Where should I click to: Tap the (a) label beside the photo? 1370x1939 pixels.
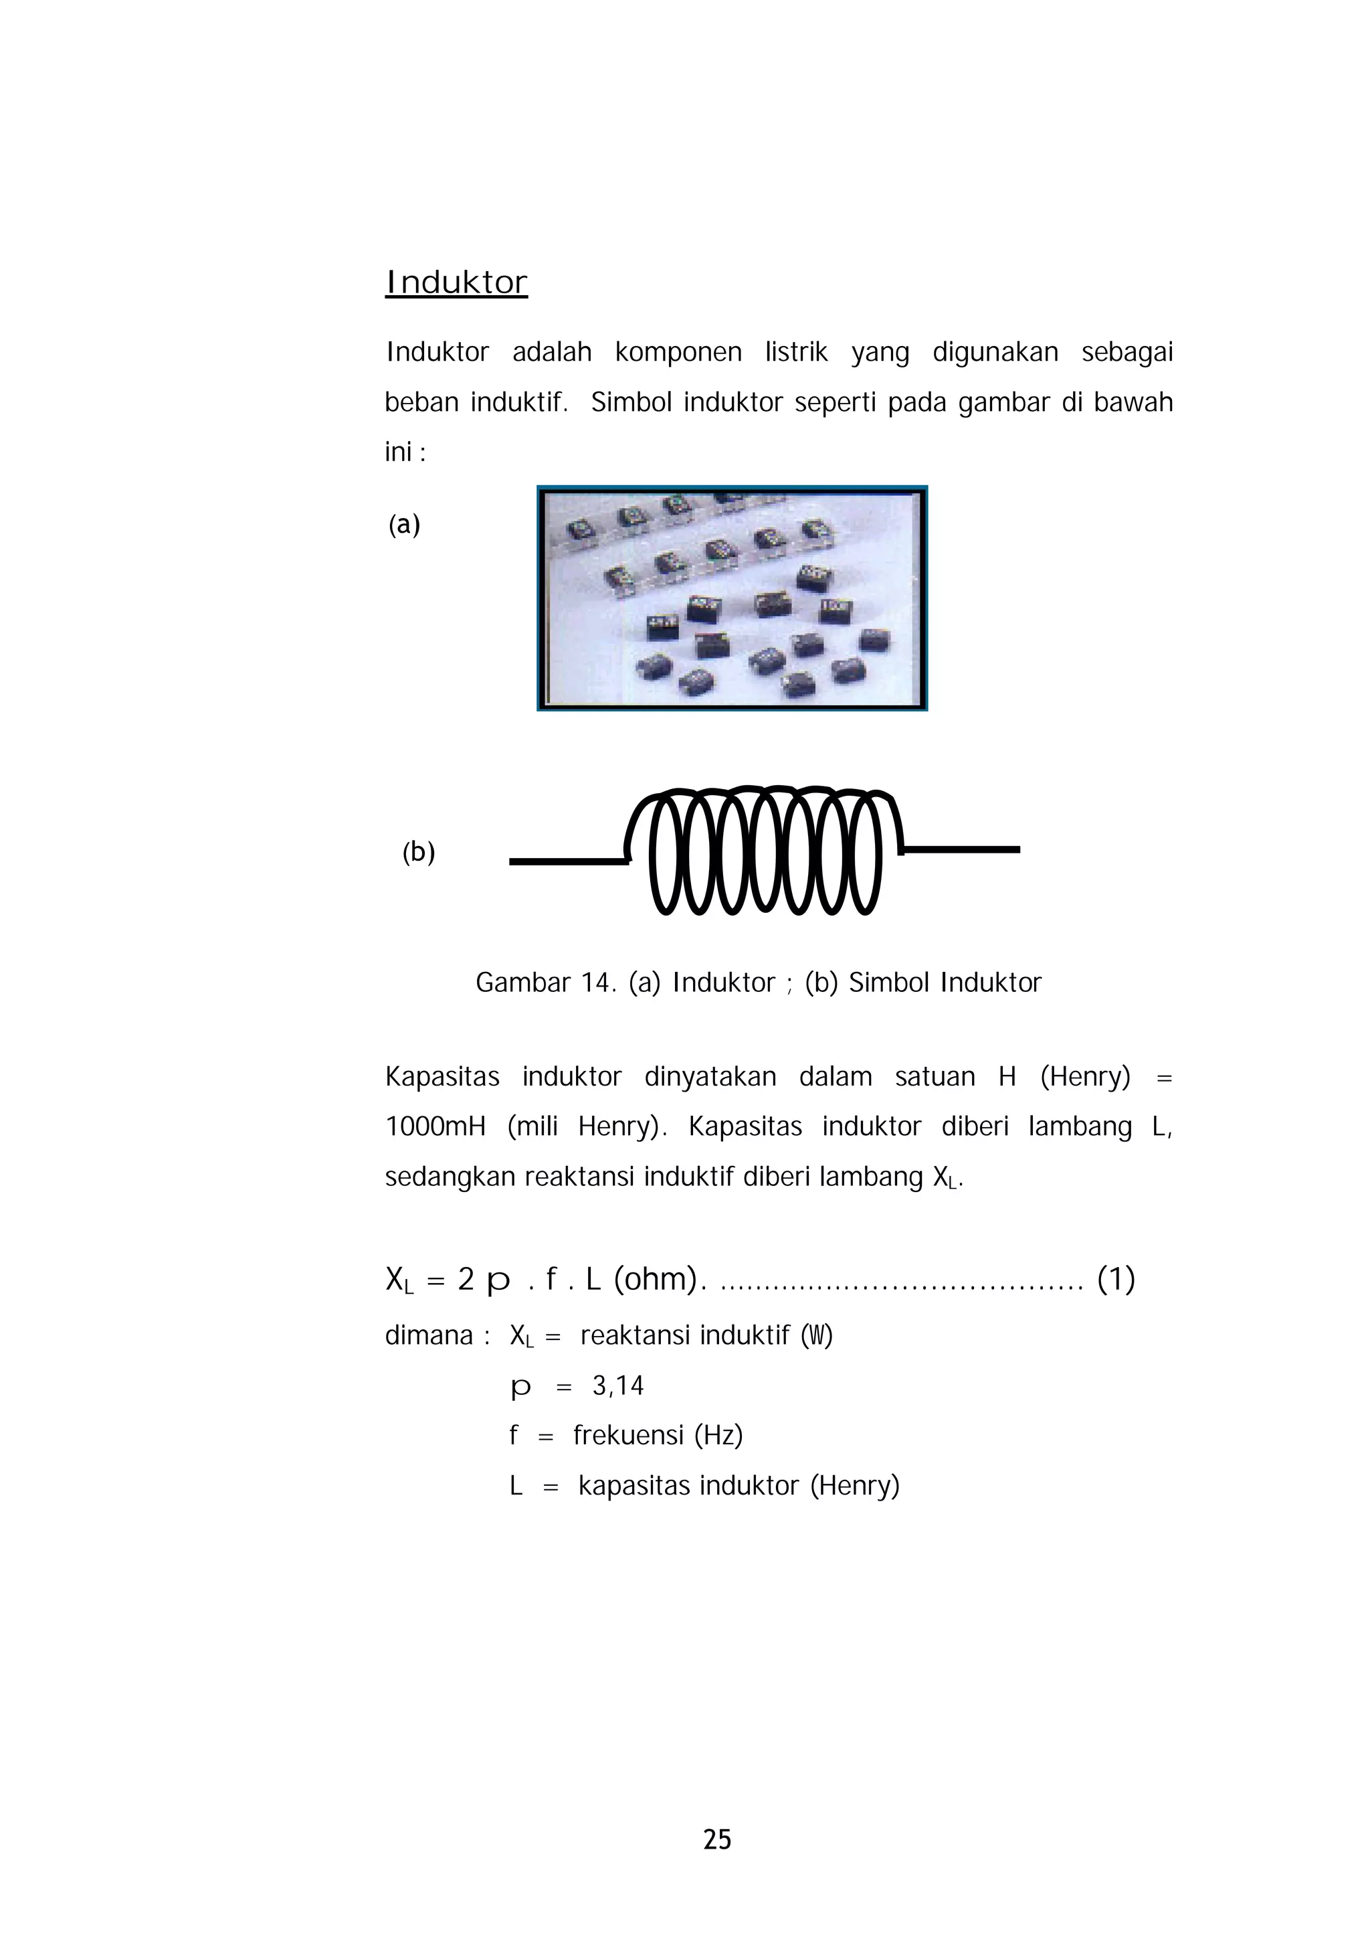[403, 525]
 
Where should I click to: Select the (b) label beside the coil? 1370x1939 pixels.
[418, 851]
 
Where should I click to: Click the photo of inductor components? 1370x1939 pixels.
[732, 598]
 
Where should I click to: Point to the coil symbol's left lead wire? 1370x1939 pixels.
[567, 861]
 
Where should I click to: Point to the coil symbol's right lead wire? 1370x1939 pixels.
[963, 849]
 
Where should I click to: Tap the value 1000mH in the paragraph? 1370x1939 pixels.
[435, 1126]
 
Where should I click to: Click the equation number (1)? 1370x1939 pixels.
[1115, 1280]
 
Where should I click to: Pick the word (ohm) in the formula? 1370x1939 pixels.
[656, 1280]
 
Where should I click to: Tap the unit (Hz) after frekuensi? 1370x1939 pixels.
[718, 1435]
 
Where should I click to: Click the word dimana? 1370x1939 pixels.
[429, 1335]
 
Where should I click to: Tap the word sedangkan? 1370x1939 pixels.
[451, 1177]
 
